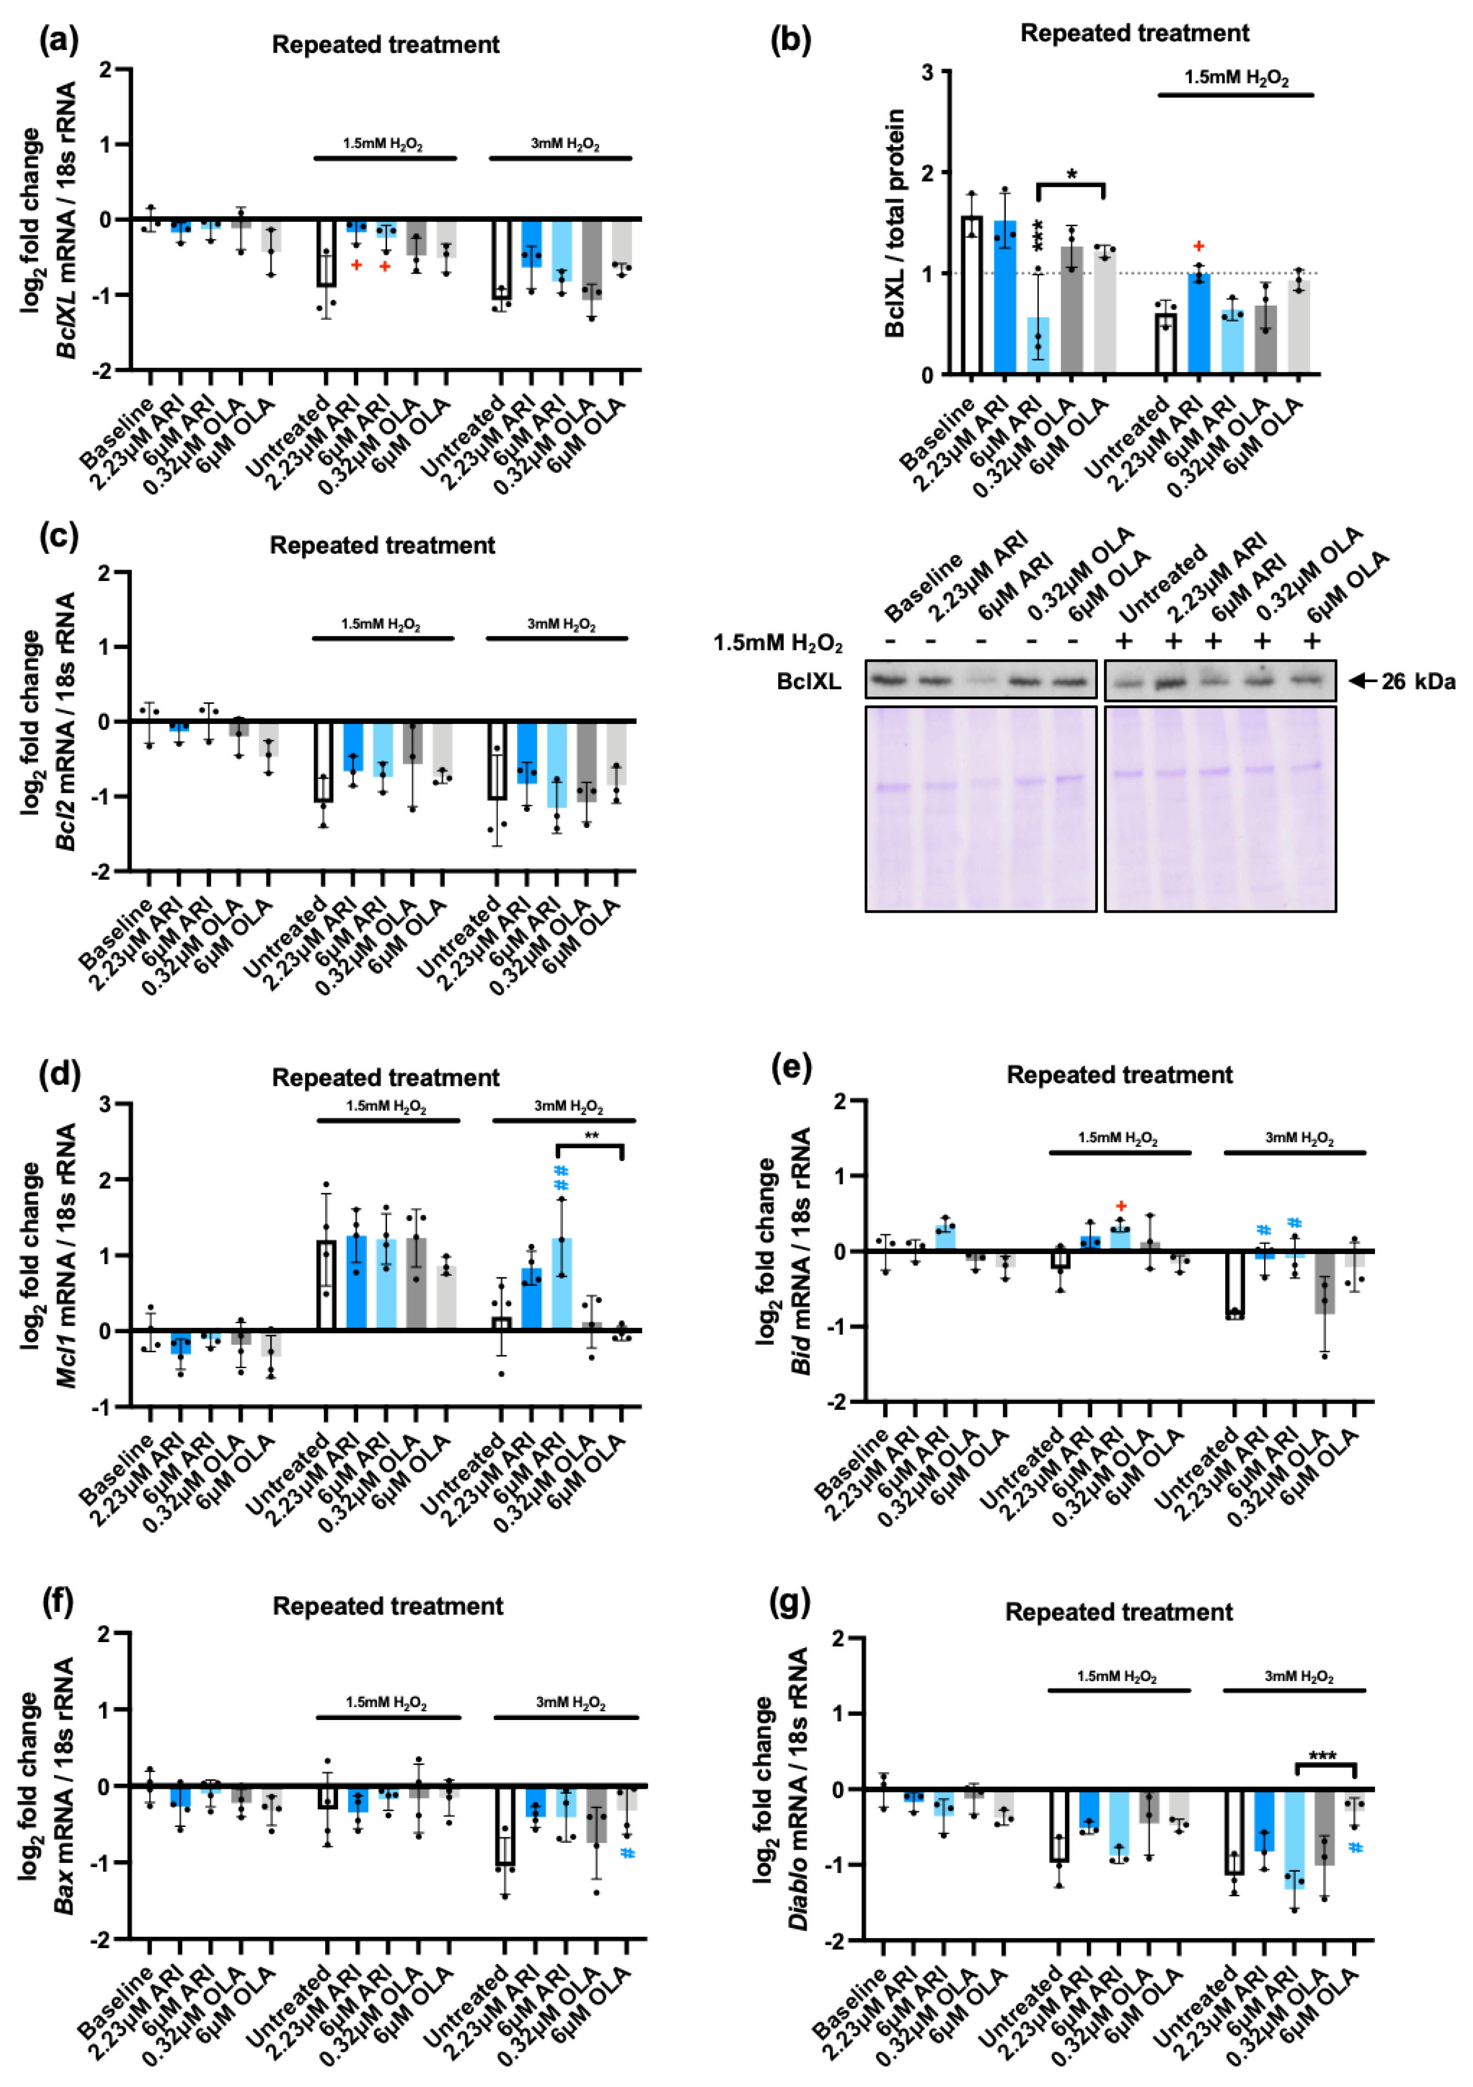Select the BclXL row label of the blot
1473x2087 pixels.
809,682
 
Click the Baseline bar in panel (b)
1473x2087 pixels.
971,296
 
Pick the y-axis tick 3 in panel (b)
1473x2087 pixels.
928,72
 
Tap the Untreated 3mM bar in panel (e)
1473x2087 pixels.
1234,1284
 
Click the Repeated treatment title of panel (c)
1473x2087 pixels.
382,545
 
